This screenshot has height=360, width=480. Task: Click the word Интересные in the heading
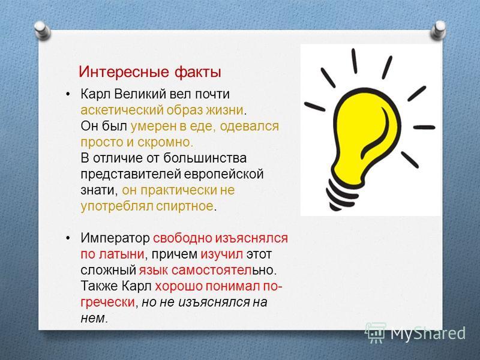pos(124,72)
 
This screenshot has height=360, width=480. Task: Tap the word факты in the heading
pos(198,72)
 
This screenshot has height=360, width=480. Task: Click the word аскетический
pos(122,110)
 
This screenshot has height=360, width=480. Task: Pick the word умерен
pos(154,127)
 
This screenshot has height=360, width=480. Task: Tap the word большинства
pos(205,158)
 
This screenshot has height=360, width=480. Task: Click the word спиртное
pos(185,206)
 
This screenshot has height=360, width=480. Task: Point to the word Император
pos(115,238)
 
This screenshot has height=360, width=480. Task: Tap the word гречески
pos(108,302)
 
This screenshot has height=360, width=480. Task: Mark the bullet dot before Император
pos(68,238)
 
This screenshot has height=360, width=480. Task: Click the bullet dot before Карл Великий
pos(68,94)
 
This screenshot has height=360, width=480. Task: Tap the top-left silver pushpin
pos(42,30)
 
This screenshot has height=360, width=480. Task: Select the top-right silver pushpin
pos(439,30)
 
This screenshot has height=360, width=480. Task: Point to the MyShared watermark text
pos(428,334)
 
